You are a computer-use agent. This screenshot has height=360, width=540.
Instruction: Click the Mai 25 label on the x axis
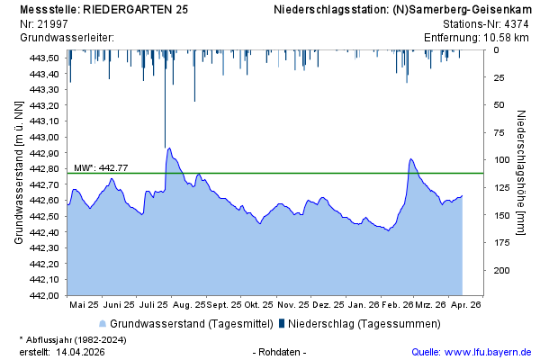pyautogui.click(x=84, y=305)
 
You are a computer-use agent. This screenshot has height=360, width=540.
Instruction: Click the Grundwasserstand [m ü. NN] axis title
pyautogui.click(x=18, y=173)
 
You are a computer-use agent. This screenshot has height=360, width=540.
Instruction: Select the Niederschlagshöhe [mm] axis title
pyautogui.click(x=522, y=173)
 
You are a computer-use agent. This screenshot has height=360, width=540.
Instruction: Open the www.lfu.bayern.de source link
pyautogui.click(x=496, y=351)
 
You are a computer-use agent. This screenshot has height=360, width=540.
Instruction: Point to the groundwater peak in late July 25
pyautogui.click(x=169, y=148)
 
